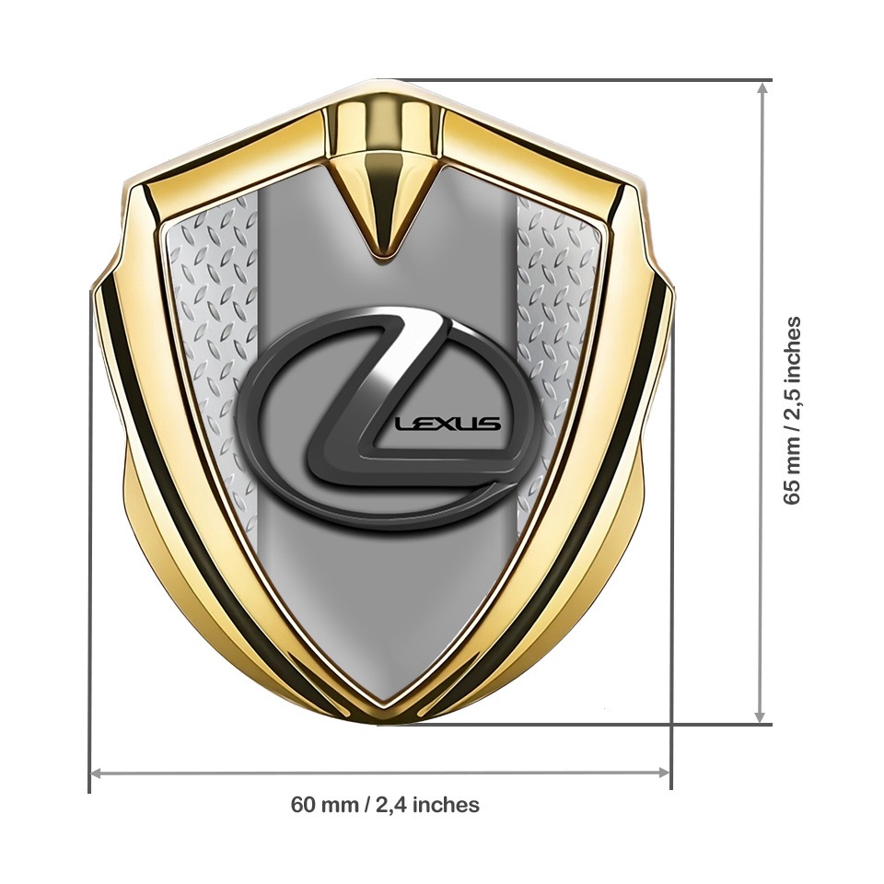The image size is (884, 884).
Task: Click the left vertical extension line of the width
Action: pyautogui.click(x=89, y=552)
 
